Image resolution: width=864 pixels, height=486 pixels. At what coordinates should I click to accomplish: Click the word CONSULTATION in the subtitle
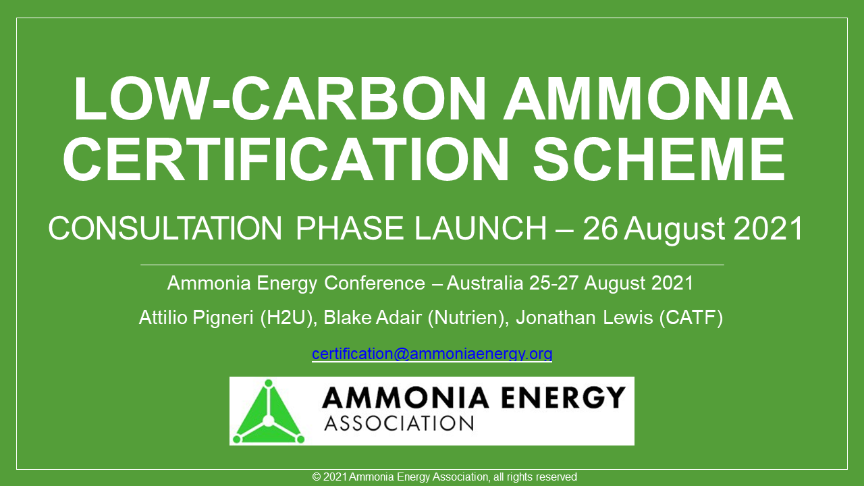(x=165, y=229)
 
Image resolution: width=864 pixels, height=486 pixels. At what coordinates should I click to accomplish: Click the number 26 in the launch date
(x=600, y=229)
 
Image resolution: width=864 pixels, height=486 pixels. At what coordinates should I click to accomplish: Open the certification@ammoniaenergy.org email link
(x=432, y=354)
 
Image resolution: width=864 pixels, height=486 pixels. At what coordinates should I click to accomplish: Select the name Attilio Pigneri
(x=196, y=318)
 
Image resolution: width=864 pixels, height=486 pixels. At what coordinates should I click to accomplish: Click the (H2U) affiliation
(x=288, y=318)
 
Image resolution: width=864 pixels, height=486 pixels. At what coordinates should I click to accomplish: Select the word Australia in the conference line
(x=484, y=283)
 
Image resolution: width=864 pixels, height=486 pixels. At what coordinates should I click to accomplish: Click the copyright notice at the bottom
(x=445, y=477)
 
